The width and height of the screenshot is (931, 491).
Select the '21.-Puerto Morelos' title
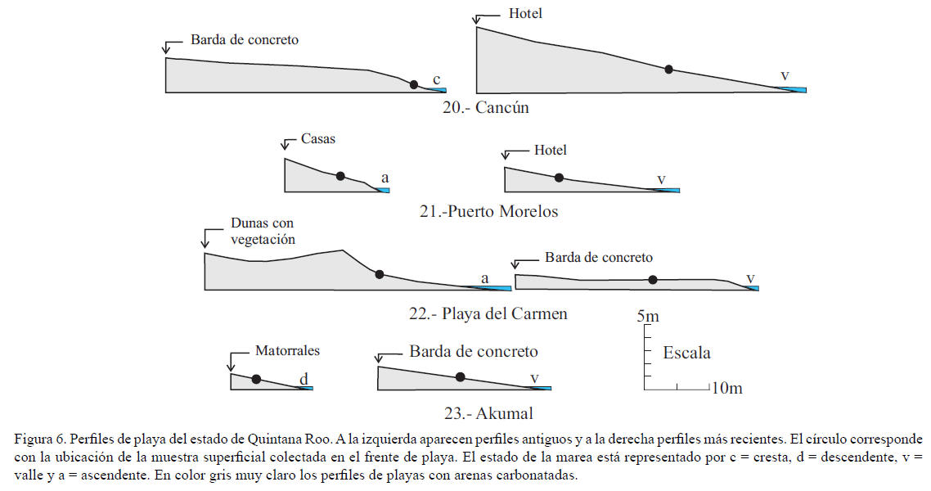[x=488, y=211]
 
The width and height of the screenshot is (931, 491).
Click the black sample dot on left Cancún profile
[x=414, y=84]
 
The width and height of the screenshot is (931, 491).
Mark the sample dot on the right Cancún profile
[x=668, y=70]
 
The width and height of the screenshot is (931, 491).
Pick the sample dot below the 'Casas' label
[x=340, y=175]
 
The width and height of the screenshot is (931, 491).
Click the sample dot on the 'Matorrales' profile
[x=256, y=379]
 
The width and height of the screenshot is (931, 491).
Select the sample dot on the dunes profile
[x=379, y=274]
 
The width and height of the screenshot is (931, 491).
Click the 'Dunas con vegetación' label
[x=262, y=231]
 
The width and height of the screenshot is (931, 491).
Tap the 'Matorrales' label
[x=287, y=350]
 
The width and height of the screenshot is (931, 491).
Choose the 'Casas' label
[x=318, y=139]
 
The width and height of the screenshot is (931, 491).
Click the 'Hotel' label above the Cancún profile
[x=525, y=13]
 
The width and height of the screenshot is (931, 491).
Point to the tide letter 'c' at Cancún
[x=437, y=79]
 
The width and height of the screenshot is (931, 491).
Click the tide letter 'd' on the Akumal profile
[x=304, y=378]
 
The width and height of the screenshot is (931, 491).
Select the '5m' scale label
[x=647, y=316]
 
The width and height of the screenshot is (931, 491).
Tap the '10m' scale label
[x=726, y=388]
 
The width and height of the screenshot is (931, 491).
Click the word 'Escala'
[x=686, y=353]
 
